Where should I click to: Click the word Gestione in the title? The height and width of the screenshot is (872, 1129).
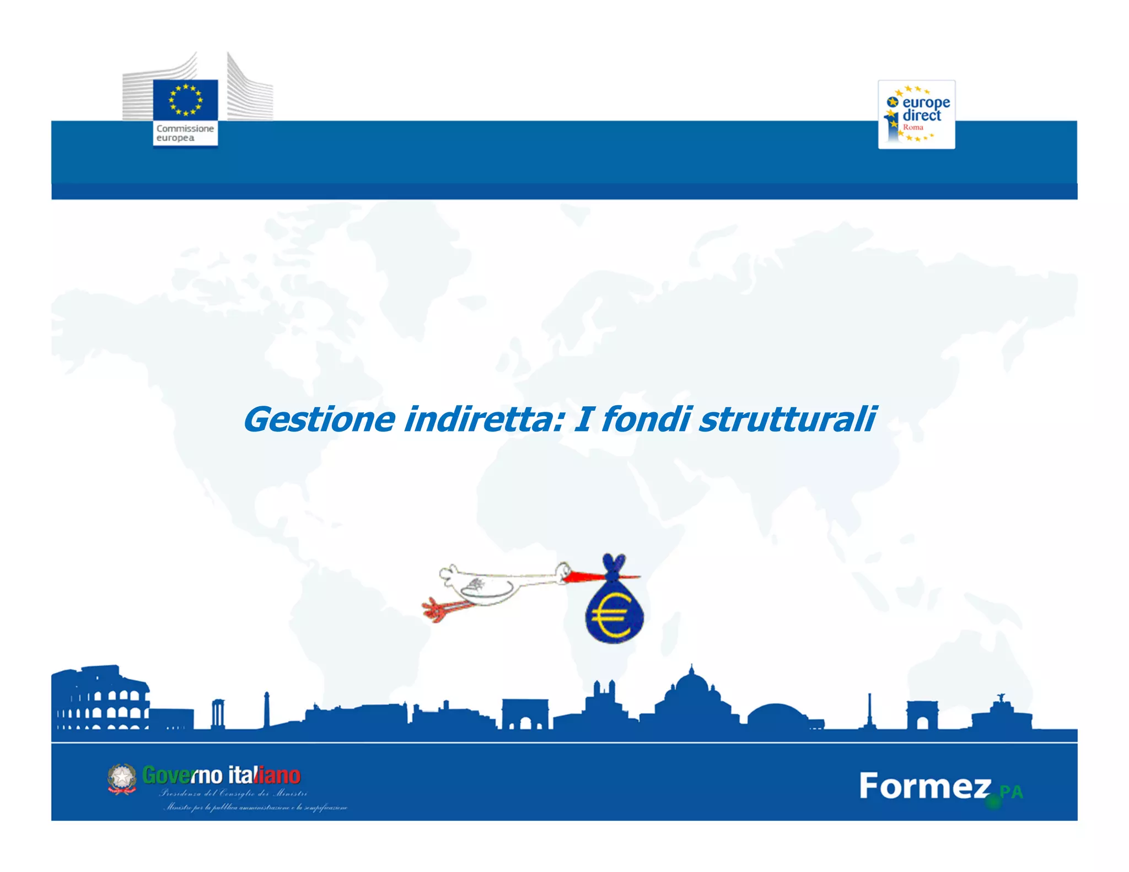pyautogui.click(x=319, y=419)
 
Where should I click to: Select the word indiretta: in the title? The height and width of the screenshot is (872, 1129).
pyautogui.click(x=485, y=419)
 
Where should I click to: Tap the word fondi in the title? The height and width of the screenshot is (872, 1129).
pyautogui.click(x=645, y=419)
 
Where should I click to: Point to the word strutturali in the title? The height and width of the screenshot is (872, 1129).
pyautogui.click(x=787, y=419)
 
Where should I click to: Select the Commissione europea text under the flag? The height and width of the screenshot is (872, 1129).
pyautogui.click(x=185, y=133)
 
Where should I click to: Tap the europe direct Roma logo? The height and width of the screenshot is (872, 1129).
pyautogui.click(x=916, y=115)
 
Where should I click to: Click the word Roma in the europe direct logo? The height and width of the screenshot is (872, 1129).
pyautogui.click(x=913, y=127)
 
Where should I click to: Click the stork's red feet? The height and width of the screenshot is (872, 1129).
pyautogui.click(x=436, y=610)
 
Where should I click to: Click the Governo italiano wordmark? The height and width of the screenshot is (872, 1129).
pyautogui.click(x=221, y=775)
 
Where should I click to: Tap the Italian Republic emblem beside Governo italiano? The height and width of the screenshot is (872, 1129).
pyautogui.click(x=122, y=778)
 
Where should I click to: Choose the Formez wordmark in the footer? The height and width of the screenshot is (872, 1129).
pyautogui.click(x=924, y=786)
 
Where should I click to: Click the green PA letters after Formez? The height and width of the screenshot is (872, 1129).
pyautogui.click(x=1011, y=792)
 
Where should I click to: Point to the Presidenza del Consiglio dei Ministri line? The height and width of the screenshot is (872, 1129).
pyautogui.click(x=233, y=794)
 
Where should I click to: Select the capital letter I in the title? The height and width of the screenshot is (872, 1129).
pyautogui.click(x=583, y=419)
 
